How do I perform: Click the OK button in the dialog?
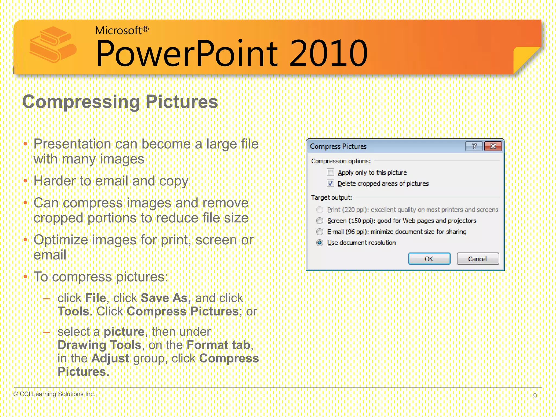[429, 259]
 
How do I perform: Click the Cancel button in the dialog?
[478, 259]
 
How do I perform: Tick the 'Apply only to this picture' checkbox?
[330, 172]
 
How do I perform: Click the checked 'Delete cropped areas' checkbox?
[330, 184]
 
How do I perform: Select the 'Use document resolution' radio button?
[320, 243]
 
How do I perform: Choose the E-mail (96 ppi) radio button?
[320, 232]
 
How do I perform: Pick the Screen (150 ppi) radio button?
[320, 221]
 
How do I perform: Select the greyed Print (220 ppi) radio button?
[320, 210]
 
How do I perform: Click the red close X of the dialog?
[493, 146]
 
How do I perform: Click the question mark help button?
[474, 146]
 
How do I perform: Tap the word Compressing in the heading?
[81, 102]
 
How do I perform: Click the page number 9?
[535, 396]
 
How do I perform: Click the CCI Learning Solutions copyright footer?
[54, 394]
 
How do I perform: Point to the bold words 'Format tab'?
[218, 345]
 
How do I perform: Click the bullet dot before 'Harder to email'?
[26, 181]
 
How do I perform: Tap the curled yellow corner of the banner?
[525, 58]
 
